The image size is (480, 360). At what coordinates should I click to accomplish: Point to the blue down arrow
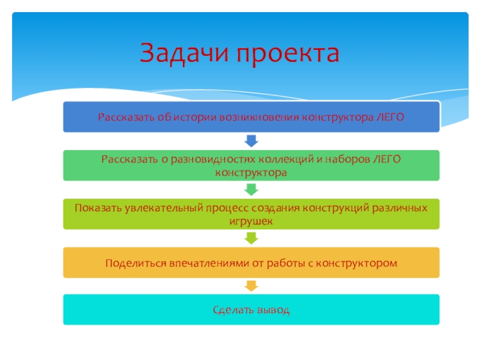(251, 141)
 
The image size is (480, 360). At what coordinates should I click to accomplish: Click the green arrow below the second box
(251, 190)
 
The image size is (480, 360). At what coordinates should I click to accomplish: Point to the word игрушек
(251, 221)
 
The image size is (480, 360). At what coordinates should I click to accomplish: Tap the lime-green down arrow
(251, 238)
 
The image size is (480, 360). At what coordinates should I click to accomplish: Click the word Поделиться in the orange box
(135, 263)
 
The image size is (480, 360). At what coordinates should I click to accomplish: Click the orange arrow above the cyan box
(251, 285)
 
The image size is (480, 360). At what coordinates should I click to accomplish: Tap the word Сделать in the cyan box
(232, 311)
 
